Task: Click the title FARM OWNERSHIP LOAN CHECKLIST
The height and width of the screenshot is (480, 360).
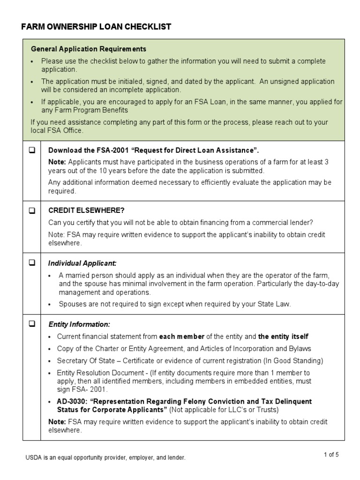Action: pos(96,27)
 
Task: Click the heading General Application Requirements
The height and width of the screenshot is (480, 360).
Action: pos(89,49)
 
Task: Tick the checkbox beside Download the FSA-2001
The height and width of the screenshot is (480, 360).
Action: pos(32,150)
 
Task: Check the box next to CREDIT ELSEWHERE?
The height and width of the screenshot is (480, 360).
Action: pos(32,210)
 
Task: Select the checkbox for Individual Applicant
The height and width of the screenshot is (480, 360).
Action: pos(32,263)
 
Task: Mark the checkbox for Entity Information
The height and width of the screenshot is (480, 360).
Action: pos(32,323)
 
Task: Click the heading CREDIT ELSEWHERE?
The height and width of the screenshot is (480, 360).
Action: pos(86,210)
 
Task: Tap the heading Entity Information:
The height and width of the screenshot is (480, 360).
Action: pos(79,324)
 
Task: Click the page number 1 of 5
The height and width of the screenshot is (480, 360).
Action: pos(331,454)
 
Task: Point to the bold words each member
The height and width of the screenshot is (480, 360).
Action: pos(181,337)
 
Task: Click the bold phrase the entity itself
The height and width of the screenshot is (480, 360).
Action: pos(283,337)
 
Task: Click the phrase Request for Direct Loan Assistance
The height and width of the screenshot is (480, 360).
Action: pos(195,150)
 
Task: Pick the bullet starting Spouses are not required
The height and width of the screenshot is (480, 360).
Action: pos(174,304)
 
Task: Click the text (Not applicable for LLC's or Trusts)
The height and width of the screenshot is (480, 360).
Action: pos(224,410)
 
